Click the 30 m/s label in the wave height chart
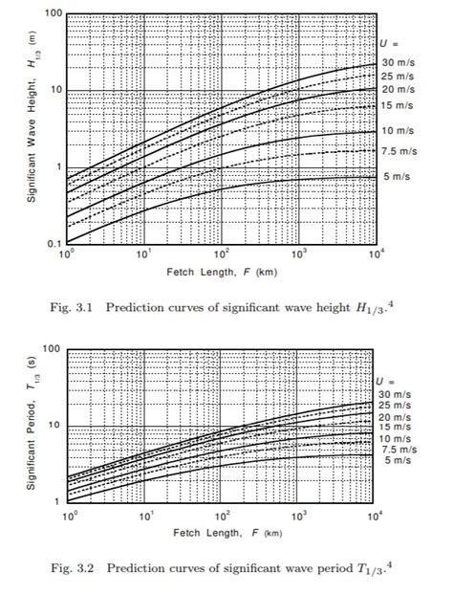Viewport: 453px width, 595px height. (398, 62)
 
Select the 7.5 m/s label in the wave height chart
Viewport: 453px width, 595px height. (399, 151)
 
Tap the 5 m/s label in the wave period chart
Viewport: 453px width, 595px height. (398, 460)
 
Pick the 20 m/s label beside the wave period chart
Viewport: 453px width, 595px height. (395, 417)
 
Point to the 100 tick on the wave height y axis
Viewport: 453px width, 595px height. (54, 13)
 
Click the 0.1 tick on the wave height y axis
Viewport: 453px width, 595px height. (54, 244)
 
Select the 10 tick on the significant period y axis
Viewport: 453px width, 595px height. (54, 425)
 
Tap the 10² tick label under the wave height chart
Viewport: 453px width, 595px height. (222, 253)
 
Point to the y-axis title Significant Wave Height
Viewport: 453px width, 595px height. (32, 116)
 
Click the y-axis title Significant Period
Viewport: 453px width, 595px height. (32, 423)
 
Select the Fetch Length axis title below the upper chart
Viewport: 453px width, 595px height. (222, 272)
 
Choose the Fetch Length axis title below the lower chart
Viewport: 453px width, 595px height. (227, 533)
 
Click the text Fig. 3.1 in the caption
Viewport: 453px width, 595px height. (72, 307)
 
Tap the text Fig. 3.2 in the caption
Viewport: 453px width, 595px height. (73, 568)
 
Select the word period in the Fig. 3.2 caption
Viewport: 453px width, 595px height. (337, 569)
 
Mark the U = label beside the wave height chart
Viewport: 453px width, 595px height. (389, 44)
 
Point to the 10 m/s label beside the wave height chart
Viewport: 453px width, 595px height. (398, 131)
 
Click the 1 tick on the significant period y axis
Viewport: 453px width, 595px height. (57, 501)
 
